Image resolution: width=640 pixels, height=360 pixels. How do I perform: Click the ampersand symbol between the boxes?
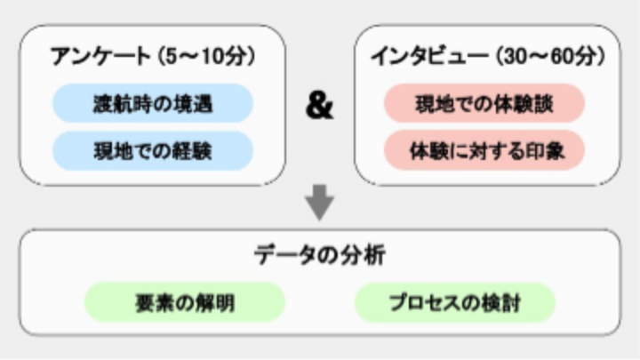click(320, 106)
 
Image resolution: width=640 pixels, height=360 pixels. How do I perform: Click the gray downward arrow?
click(320, 203)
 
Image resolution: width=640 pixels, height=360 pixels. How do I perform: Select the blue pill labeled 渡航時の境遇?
click(153, 103)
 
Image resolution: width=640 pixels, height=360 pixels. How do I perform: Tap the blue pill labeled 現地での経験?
click(153, 151)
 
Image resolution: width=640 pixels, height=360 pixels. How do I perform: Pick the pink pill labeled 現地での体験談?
click(484, 103)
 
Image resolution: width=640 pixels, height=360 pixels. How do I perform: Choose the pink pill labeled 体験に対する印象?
click(484, 151)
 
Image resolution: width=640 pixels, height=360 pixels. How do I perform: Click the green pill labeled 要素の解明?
click(185, 302)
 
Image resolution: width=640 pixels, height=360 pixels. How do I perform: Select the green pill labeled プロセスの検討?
click(455, 302)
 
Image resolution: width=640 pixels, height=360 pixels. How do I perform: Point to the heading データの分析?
click(320, 255)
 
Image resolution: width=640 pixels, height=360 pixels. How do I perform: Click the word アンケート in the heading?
click(100, 56)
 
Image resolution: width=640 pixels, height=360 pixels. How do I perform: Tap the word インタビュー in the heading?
click(430, 56)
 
